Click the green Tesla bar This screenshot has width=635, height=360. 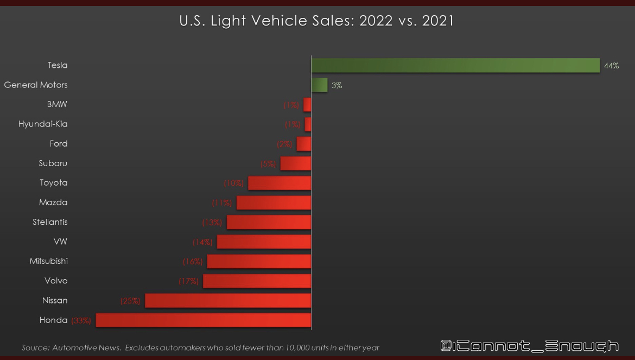click(x=455, y=65)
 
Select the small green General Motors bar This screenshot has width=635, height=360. click(x=319, y=85)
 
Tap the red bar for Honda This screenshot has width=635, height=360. click(x=204, y=320)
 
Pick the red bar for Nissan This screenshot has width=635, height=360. click(x=228, y=301)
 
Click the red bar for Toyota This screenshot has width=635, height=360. click(x=280, y=183)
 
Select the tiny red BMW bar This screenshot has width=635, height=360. click(x=308, y=105)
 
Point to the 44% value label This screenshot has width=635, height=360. click(x=611, y=66)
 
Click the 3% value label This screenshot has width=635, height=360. click(x=337, y=85)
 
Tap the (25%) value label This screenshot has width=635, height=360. click(x=130, y=301)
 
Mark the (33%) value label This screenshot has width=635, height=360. click(x=81, y=320)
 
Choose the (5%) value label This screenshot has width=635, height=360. click(x=268, y=163)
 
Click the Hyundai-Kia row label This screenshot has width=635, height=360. click(x=43, y=124)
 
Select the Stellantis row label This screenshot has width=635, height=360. click(x=50, y=222)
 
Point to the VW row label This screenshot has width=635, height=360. click(x=60, y=242)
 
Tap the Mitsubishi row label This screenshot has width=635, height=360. click(x=48, y=261)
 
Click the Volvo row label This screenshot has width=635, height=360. click(x=56, y=281)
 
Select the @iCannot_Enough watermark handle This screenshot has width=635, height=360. click(x=529, y=346)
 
